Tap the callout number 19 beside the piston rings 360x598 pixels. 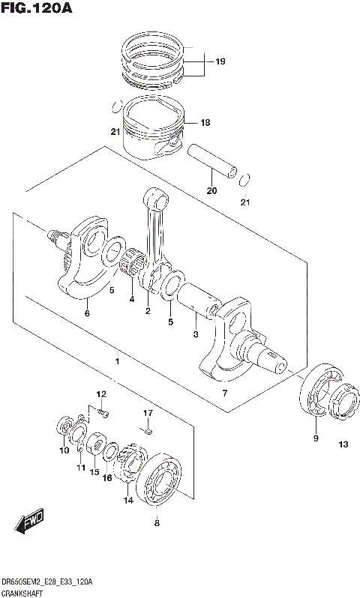pos(220,61)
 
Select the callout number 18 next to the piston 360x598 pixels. pos(205,122)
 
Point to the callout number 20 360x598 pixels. pos(211,190)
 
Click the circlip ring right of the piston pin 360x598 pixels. pos(245,181)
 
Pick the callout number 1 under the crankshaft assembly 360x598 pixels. pos(116,362)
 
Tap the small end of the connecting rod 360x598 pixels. pos(158,199)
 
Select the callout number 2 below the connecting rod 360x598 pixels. pos(148,310)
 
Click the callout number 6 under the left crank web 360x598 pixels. pos(87,313)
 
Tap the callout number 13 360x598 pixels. pos(343,445)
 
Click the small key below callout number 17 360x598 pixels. pos(148,429)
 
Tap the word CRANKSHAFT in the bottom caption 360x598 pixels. pos(22,592)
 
